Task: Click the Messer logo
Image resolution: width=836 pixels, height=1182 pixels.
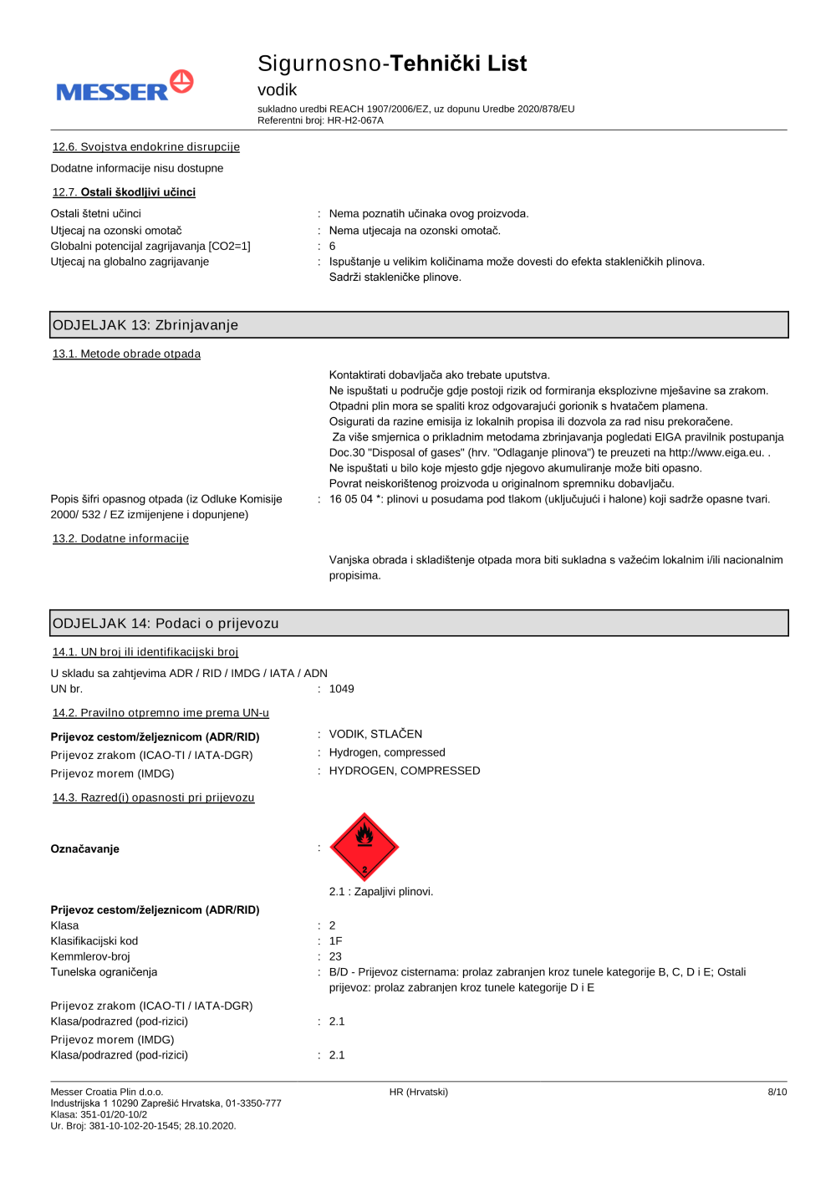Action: pyautogui.click(x=125, y=86)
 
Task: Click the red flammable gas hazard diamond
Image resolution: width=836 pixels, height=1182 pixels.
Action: pyautogui.click(x=364, y=847)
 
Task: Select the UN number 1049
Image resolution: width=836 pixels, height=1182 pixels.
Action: pyautogui.click(x=341, y=689)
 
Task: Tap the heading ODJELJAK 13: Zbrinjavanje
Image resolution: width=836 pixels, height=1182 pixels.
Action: pyautogui.click(x=145, y=325)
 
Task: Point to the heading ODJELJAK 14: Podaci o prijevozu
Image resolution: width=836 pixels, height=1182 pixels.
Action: pyautogui.click(x=166, y=624)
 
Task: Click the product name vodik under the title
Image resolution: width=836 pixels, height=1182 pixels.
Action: pyautogui.click(x=277, y=89)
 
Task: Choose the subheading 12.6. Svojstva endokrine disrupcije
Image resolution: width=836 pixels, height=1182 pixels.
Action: pyautogui.click(x=146, y=147)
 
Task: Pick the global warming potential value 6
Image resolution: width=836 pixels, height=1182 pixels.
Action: pyautogui.click(x=333, y=246)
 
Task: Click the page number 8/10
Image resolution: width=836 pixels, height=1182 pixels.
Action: pyautogui.click(x=777, y=1092)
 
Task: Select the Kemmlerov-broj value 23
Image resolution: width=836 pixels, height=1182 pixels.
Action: pyautogui.click(x=335, y=956)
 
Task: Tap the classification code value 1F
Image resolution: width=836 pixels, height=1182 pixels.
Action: pyautogui.click(x=335, y=941)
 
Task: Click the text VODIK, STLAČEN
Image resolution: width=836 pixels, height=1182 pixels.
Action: pyautogui.click(x=375, y=734)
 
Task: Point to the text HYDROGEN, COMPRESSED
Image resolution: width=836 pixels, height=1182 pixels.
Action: pyautogui.click(x=405, y=771)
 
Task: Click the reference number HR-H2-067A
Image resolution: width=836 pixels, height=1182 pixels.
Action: pyautogui.click(x=355, y=120)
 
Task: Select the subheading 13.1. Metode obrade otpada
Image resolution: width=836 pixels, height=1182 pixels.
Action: pyautogui.click(x=126, y=354)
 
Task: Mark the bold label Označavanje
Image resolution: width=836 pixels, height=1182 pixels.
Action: pyautogui.click(x=85, y=848)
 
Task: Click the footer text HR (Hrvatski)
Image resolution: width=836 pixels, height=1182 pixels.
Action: pyautogui.click(x=418, y=1092)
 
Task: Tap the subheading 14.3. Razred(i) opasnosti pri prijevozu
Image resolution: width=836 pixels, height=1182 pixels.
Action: pyautogui.click(x=153, y=797)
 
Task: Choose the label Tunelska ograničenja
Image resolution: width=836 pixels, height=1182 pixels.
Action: pyautogui.click(x=104, y=972)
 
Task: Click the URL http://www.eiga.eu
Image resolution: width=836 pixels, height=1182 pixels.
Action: pyautogui.click(x=716, y=452)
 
